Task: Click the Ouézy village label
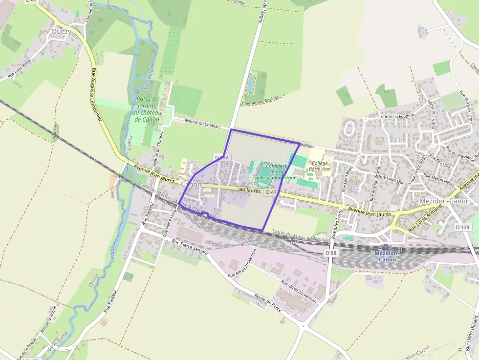pyautogui.click(x=61, y=31)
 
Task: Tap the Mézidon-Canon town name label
pyautogui.click(x=444, y=201)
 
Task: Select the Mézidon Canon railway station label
pyautogui.click(x=386, y=256)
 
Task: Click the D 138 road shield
pyautogui.click(x=462, y=227)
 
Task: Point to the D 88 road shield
pyautogui.click(x=331, y=253)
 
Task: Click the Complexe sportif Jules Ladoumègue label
pyautogui.click(x=276, y=172)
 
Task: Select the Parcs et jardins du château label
pyautogui.click(x=146, y=109)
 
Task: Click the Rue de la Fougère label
pyautogui.click(x=397, y=116)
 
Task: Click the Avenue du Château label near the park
pyautogui.click(x=202, y=124)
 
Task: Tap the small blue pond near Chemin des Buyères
pyautogui.click(x=251, y=84)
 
